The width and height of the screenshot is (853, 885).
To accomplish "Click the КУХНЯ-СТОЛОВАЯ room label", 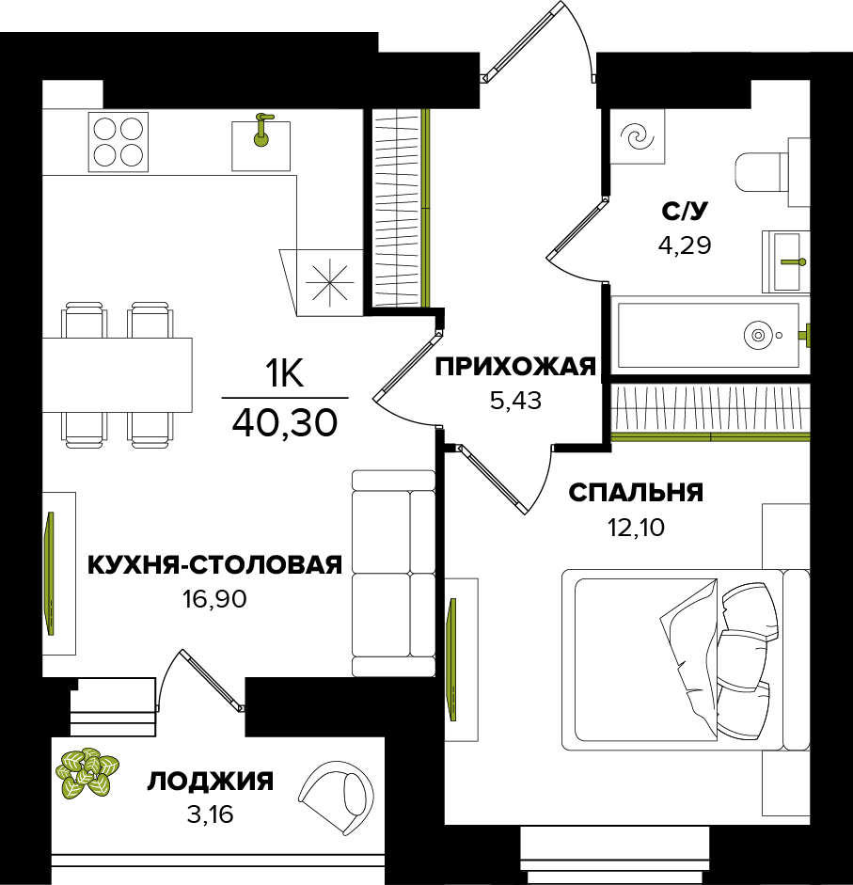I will click(x=213, y=564).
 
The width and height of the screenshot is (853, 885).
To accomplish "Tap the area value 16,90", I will click(x=214, y=599).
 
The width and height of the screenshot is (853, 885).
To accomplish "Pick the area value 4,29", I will click(x=684, y=246).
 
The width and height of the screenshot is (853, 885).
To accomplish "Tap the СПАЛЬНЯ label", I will click(x=636, y=493).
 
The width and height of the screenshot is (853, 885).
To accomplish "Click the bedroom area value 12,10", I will click(x=636, y=527).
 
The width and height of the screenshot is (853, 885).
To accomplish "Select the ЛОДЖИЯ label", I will click(x=211, y=781).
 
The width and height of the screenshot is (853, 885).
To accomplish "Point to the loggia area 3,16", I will click(x=210, y=814).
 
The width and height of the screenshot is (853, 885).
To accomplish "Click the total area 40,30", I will click(x=284, y=423).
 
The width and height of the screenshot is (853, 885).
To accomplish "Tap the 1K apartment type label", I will click(x=283, y=376).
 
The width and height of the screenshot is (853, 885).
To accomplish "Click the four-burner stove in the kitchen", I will click(x=118, y=141).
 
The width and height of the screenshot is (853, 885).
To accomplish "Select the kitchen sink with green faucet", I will click(x=261, y=140).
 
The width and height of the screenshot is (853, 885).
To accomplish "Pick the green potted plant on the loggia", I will click(x=87, y=773).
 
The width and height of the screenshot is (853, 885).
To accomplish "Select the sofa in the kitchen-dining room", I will click(x=393, y=573).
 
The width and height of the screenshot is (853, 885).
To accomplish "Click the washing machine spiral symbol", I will click(x=638, y=137).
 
